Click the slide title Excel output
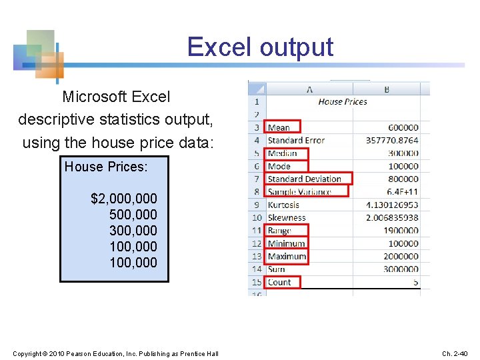pos(260,47)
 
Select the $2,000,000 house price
pos(124,199)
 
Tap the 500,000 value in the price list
pos(133,215)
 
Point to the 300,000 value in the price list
pos(133,231)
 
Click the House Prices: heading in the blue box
pos(106,167)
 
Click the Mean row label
pos(279,127)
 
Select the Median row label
pos(282,153)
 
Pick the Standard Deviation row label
pos(304,179)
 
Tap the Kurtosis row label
pos(283,205)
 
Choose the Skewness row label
pos(286,217)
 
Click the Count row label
pos(279,282)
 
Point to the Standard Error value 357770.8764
pos(392,141)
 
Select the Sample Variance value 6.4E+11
pos(403,192)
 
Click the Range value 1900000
pos(400,231)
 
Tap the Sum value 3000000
pos(400,269)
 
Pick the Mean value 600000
pos(403,127)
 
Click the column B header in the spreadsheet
pos(387,89)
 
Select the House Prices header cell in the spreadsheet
pos(343,102)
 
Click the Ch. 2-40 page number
pos(456,353)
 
